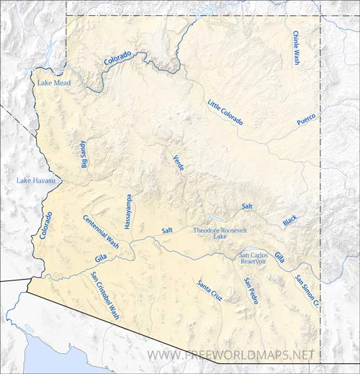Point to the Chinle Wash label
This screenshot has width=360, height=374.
click(x=295, y=48)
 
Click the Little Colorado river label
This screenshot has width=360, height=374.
click(x=225, y=111)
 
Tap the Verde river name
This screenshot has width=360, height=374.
click(x=179, y=163)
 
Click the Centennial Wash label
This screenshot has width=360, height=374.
click(x=101, y=232)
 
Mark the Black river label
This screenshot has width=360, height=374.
click(x=289, y=221)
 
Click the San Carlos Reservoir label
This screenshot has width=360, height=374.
click(x=253, y=258)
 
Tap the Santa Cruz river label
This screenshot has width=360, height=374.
click(x=210, y=288)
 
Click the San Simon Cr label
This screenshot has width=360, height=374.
click(x=305, y=291)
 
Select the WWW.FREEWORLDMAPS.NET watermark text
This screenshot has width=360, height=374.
click(x=230, y=355)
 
